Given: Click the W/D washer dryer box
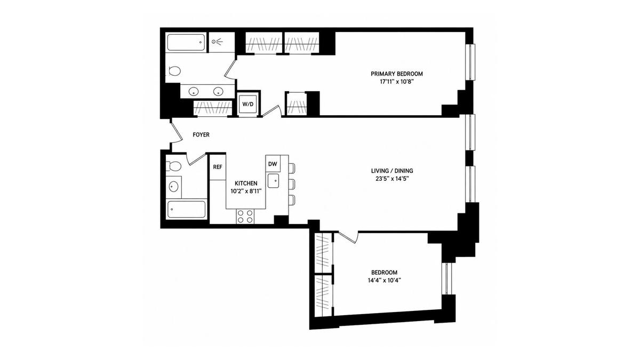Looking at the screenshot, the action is [248, 104].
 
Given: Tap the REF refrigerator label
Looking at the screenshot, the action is [218, 167].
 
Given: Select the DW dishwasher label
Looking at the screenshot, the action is [273, 164].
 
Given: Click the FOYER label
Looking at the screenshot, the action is [201, 134].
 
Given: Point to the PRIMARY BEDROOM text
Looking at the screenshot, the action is [397, 74].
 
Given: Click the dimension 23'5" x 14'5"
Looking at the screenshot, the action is [392, 179].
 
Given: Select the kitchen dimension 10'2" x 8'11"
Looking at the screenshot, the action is [246, 191].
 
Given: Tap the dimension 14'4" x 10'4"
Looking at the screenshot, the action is [385, 281].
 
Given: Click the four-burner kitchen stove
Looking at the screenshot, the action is [245, 217].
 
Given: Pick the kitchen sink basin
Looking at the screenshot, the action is [273, 181].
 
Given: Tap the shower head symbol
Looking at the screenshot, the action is [218, 42].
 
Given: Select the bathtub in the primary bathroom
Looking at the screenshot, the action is [186, 43].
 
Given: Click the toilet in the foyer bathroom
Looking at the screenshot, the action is [174, 166].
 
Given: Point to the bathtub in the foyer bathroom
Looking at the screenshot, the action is [186, 210].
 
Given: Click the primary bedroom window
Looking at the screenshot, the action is [470, 62].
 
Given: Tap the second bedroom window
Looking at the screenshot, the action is [447, 278].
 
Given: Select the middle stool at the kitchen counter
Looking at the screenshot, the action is [291, 184].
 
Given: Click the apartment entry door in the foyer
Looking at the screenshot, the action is [177, 131].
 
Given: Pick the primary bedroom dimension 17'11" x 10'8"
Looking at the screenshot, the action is [397, 82].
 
